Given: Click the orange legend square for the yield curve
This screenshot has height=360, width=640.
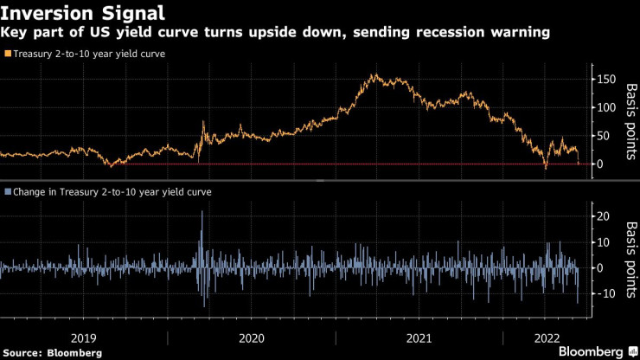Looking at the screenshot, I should (8, 55).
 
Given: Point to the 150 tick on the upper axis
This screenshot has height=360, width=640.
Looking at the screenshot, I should (606, 80).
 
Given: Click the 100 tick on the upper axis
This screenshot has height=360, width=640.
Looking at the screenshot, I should (606, 108).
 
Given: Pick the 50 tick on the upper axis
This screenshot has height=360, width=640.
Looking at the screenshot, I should (604, 136).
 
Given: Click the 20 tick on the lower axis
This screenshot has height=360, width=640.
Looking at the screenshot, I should (603, 215).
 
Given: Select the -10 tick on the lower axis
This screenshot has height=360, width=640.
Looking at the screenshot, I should (605, 294).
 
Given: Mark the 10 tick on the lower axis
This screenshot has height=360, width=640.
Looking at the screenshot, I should (603, 242).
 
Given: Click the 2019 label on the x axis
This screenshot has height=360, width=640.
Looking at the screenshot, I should (84, 337).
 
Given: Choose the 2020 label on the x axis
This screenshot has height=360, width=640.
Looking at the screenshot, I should (252, 337).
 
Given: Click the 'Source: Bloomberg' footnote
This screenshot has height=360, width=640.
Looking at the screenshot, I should (52, 353).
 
